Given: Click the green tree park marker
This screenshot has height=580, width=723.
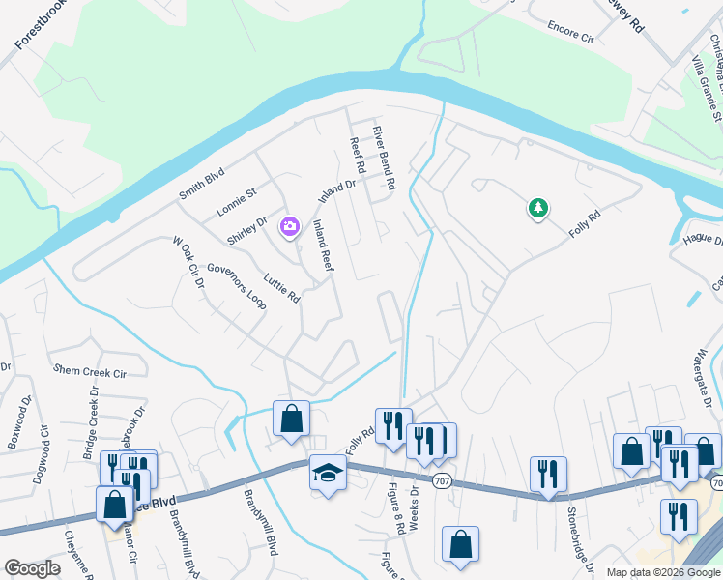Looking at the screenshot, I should click(x=537, y=208).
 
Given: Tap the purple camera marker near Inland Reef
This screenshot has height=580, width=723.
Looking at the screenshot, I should click(x=289, y=227).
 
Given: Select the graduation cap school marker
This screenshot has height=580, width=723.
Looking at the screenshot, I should click(x=328, y=474).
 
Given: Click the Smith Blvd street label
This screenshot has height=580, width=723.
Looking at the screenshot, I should click(x=201, y=185).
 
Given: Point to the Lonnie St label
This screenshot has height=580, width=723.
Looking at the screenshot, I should click(x=236, y=201).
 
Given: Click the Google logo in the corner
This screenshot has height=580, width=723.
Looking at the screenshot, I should click(x=32, y=568).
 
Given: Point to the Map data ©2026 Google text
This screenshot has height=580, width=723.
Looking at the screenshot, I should click(x=663, y=572).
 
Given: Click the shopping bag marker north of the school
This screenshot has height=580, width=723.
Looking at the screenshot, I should click(x=291, y=420).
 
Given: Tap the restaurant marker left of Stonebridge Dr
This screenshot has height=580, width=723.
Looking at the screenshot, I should click(x=548, y=475).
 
